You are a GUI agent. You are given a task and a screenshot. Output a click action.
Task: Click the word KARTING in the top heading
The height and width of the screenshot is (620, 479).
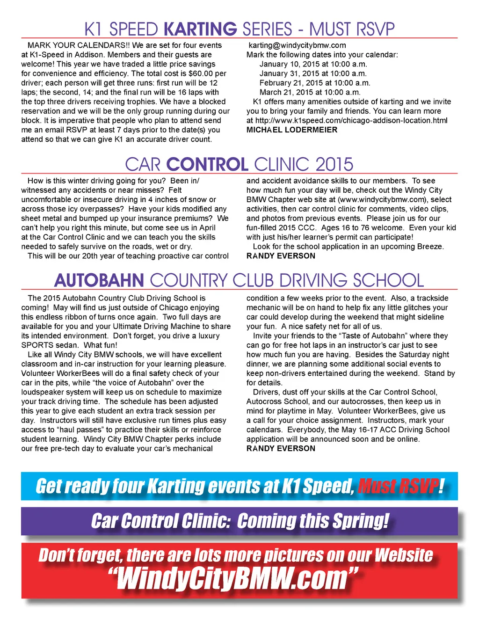click(201, 29)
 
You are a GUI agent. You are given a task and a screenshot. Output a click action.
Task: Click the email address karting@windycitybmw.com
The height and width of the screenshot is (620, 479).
click(297, 45)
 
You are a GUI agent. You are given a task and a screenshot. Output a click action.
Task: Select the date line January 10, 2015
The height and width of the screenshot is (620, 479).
click(313, 64)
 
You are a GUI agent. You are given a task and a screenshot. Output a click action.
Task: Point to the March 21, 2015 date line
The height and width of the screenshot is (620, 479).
click(310, 92)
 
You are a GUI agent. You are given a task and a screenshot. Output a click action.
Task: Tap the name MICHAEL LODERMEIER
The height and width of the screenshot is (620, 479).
click(292, 130)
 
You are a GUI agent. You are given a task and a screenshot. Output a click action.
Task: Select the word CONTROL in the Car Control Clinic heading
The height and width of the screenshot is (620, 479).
click(207, 164)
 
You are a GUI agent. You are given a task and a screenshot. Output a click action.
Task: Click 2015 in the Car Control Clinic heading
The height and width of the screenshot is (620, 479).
click(334, 164)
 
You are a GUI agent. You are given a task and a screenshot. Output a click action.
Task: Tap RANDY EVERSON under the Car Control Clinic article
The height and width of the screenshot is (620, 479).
click(281, 256)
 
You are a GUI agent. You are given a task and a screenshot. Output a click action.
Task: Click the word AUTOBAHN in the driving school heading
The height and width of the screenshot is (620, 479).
click(99, 280)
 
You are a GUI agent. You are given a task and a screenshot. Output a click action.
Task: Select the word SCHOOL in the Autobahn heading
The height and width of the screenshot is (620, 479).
click(388, 280)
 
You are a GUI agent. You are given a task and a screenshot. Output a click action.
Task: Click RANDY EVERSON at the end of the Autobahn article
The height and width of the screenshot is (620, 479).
click(281, 448)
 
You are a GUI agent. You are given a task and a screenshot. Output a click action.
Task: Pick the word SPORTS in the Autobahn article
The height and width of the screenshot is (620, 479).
click(37, 345)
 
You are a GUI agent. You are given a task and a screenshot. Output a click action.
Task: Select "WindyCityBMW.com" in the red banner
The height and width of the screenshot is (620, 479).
click(232, 578)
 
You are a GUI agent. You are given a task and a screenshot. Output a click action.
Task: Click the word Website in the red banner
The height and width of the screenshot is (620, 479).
click(404, 555)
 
